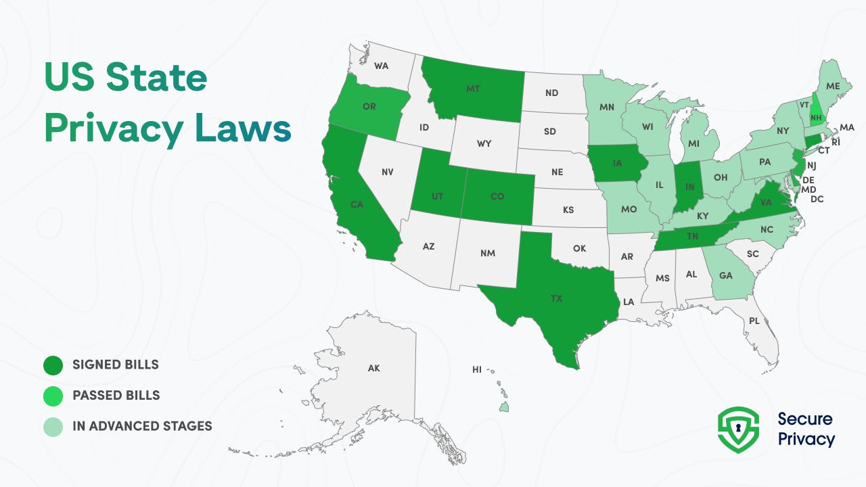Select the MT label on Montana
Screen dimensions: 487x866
[x=474, y=89]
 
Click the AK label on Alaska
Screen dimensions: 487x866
[x=374, y=369]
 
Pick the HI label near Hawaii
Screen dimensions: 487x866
[x=477, y=370]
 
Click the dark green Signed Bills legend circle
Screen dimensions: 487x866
[x=53, y=365]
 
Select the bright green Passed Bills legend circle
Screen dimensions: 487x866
[x=53, y=396]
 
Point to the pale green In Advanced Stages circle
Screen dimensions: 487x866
[x=53, y=426]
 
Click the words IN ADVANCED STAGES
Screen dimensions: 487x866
[x=142, y=426]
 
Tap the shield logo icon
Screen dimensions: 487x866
[x=738, y=429]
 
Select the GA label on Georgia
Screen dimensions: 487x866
[x=726, y=275]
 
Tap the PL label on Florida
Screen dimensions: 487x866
[x=754, y=321]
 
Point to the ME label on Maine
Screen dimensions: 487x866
[x=833, y=86]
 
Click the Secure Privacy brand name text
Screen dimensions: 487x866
[x=806, y=429]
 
